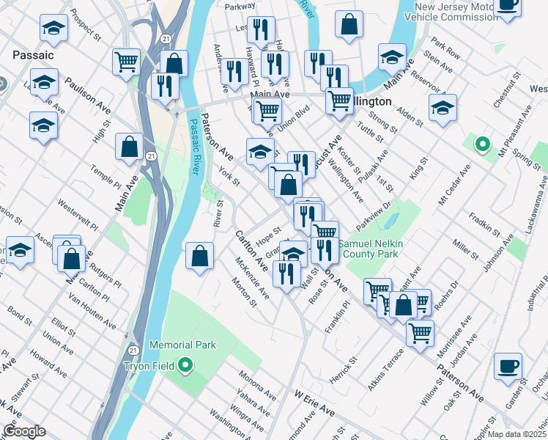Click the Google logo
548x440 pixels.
point(24,431)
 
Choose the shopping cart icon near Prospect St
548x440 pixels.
point(127,62)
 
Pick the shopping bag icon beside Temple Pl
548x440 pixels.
point(129,147)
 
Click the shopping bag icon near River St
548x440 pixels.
point(199,257)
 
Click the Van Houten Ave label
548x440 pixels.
point(92,312)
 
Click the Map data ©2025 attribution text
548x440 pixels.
point(517,433)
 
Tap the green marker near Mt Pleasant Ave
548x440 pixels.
point(481,144)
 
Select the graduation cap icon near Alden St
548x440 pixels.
point(443,109)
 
